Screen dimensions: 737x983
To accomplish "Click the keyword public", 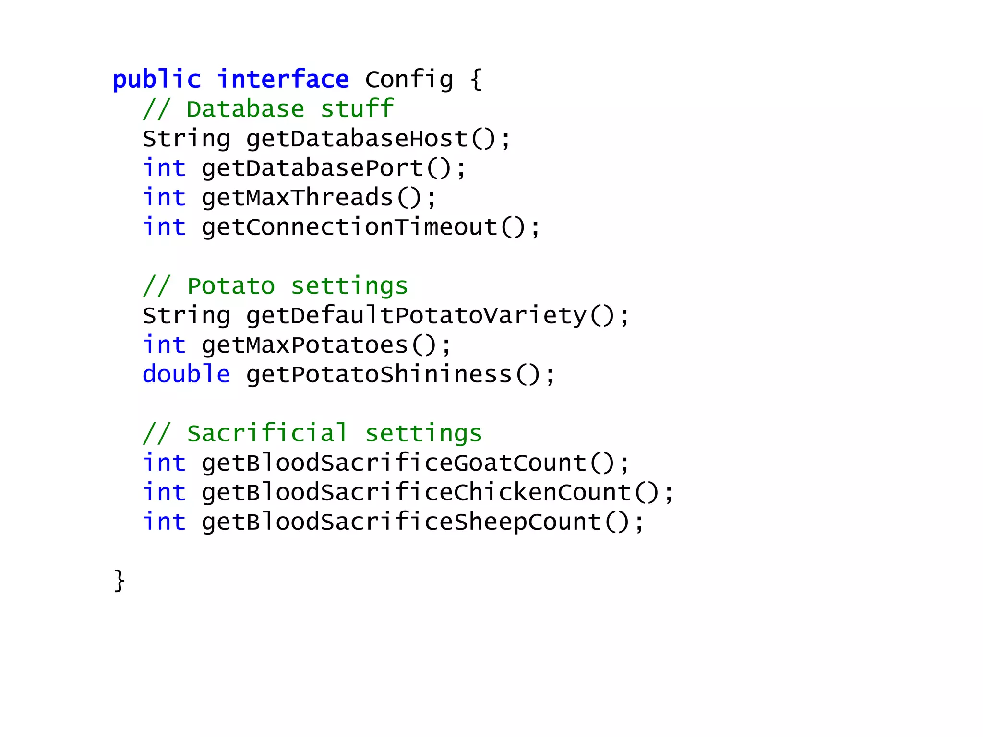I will coord(156,80).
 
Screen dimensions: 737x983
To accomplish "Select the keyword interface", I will coord(283,80).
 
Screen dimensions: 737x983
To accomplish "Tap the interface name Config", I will coord(409,80).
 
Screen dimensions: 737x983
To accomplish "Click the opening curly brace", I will coord(476,80).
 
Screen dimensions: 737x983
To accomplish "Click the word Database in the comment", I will coord(245,109).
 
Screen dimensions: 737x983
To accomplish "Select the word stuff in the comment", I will coord(357,109).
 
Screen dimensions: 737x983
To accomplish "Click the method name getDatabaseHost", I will coord(357,139).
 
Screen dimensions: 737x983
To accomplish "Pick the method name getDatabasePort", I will coord(312,169).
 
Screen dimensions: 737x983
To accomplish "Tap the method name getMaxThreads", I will coord(298,198).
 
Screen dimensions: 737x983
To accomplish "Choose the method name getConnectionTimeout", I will coord(349,227).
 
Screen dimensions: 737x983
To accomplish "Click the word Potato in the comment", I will coord(231,286).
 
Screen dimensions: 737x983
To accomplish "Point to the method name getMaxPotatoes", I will coord(305,345).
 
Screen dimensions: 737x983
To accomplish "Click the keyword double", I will coord(186,374).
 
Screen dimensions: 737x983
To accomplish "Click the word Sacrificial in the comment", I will coord(267,434).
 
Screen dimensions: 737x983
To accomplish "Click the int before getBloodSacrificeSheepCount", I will coord(164,522).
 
